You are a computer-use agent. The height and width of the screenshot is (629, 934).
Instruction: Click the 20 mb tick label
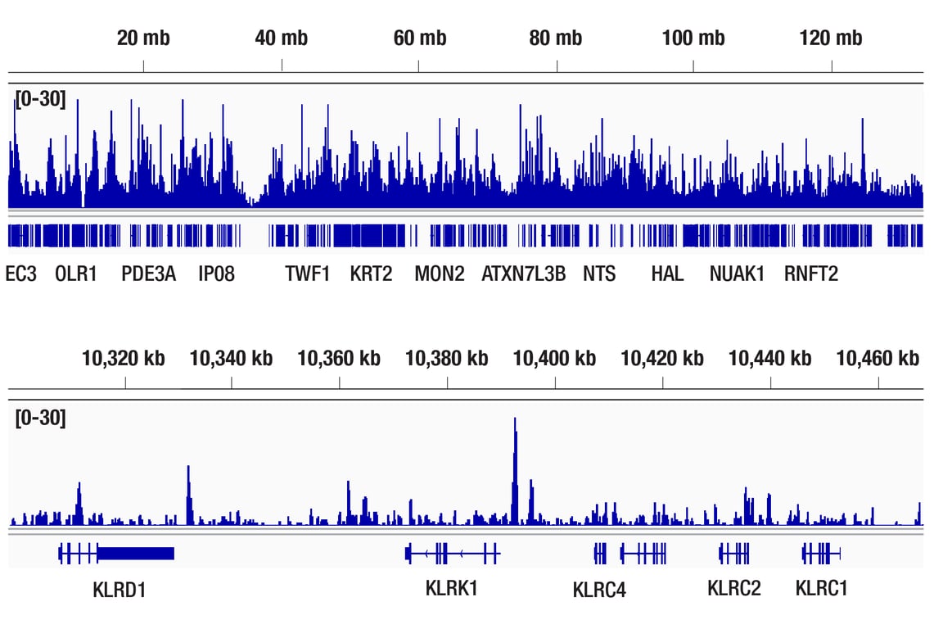(x=143, y=38)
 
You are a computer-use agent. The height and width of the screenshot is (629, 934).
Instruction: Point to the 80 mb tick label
(x=556, y=38)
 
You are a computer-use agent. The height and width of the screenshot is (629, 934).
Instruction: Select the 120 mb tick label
(x=831, y=38)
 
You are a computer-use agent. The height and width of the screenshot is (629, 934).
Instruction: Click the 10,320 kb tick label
(x=124, y=358)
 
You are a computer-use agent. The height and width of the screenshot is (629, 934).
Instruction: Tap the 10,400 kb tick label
(x=554, y=358)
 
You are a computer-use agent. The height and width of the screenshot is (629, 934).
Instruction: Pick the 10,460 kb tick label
(x=878, y=358)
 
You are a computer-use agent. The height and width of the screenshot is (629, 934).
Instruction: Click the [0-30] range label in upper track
(x=40, y=102)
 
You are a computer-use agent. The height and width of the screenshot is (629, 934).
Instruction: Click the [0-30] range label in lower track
(x=40, y=418)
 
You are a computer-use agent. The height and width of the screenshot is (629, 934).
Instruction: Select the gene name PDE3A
(x=148, y=274)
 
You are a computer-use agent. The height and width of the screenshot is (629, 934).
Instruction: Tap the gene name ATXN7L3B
(x=523, y=274)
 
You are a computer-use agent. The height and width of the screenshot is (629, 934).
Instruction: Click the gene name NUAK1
(x=737, y=274)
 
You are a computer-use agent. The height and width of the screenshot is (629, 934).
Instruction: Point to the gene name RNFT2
(x=811, y=274)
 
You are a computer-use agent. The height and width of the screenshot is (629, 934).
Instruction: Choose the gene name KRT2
(x=371, y=274)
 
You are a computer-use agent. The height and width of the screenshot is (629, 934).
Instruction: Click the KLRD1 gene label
(x=120, y=589)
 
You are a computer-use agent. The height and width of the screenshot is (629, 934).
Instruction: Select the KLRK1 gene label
(x=451, y=588)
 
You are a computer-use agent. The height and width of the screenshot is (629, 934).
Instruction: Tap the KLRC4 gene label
(x=599, y=589)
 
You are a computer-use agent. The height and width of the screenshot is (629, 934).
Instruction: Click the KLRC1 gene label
(x=822, y=588)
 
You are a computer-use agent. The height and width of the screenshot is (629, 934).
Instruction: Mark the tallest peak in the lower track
(x=515, y=422)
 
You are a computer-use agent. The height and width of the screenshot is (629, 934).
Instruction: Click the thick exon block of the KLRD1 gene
(x=136, y=554)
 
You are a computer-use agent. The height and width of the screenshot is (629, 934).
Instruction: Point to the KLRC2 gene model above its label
(x=734, y=554)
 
